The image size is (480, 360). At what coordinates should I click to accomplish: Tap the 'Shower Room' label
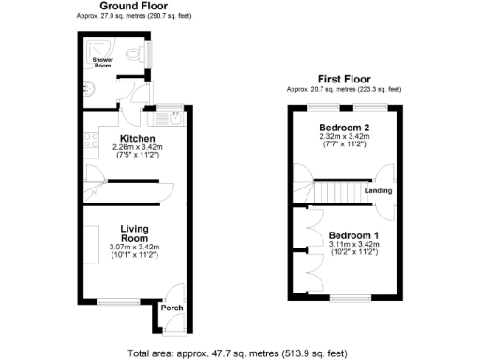[101, 64]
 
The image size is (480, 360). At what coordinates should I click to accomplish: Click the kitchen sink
[174, 116]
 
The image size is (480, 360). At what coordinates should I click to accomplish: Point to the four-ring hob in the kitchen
[92, 142]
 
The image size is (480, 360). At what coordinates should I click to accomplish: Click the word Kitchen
[137, 138]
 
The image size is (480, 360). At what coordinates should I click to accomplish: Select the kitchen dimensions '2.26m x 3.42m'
[137, 147]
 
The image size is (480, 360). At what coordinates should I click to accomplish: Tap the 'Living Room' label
[137, 232]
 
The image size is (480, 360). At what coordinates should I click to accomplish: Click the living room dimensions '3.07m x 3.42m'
[137, 247]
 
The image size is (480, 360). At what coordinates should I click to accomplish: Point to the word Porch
[171, 308]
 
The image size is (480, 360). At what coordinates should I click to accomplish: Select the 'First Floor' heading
[344, 80]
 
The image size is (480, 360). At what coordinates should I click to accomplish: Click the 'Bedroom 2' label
[343, 127]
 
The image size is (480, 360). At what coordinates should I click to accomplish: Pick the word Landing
[378, 192]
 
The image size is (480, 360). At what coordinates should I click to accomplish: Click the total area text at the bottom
[237, 353]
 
